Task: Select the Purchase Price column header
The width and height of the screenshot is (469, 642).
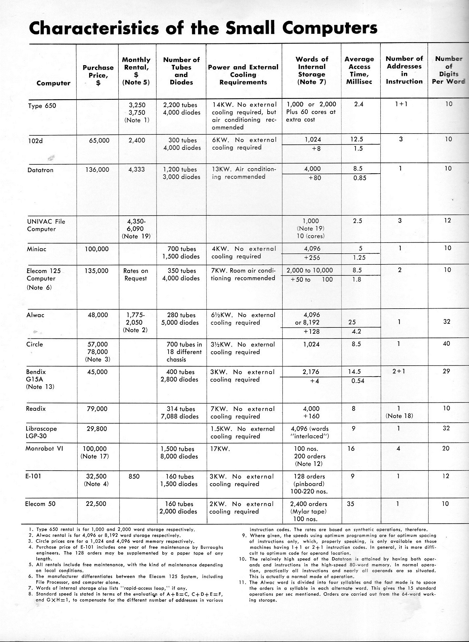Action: click(x=98, y=75)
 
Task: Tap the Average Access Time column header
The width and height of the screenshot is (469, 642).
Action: click(x=359, y=71)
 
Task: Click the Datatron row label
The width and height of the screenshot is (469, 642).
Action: click(x=40, y=170)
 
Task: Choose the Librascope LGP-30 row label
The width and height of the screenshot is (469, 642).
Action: click(x=41, y=432)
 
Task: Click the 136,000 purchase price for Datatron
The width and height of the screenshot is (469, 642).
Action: click(x=97, y=170)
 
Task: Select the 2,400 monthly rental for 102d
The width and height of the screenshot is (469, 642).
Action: click(x=137, y=140)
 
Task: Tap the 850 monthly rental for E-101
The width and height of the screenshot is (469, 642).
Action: click(x=134, y=476)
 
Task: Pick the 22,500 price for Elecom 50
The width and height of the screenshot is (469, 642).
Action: click(x=96, y=504)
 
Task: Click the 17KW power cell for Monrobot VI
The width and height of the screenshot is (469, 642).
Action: click(x=220, y=449)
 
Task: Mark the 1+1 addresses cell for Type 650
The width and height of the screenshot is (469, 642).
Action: click(x=404, y=104)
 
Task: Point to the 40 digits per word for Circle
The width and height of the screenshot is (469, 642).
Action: click(x=446, y=344)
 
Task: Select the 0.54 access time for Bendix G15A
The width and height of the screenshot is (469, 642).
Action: click(x=357, y=381)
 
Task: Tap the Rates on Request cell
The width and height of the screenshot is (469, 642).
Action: click(x=135, y=275)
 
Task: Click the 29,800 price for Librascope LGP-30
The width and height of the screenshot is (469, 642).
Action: click(x=97, y=429)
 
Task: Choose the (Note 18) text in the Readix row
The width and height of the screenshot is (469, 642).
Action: click(x=399, y=416)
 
